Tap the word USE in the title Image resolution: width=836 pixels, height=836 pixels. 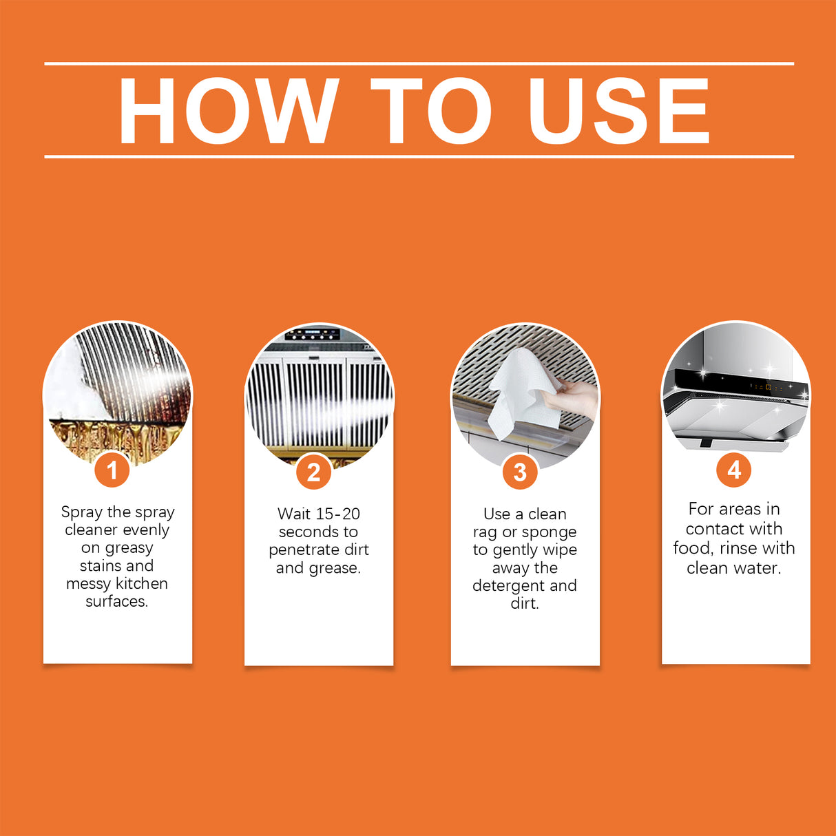pyautogui.click(x=618, y=111)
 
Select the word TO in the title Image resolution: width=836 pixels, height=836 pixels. pyautogui.click(x=430, y=111)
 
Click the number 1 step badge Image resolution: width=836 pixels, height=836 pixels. pyautogui.click(x=112, y=470)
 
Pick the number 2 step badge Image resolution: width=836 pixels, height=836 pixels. pyautogui.click(x=314, y=472)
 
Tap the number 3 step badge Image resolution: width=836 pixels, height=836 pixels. pyautogui.click(x=520, y=472)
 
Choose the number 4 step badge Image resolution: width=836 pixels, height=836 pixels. pyautogui.click(x=734, y=470)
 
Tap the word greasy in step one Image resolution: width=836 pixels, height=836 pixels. pyautogui.click(x=129, y=548)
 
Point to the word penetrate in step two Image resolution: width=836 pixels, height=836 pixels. pyautogui.click(x=302, y=550)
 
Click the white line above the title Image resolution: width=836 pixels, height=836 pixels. pyautogui.click(x=419, y=63)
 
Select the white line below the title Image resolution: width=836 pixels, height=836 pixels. pyautogui.click(x=419, y=156)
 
